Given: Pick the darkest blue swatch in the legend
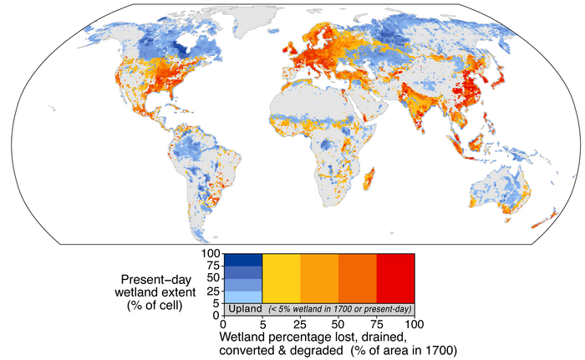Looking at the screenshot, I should (x=244, y=258).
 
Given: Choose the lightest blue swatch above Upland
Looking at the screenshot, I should (x=244, y=296).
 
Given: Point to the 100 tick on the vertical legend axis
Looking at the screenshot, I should (x=210, y=252).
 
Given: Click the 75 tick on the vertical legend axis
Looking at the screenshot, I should (x=212, y=265).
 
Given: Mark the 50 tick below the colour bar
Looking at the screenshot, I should (x=338, y=323).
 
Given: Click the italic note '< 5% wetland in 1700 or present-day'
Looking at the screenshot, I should (x=338, y=309).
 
